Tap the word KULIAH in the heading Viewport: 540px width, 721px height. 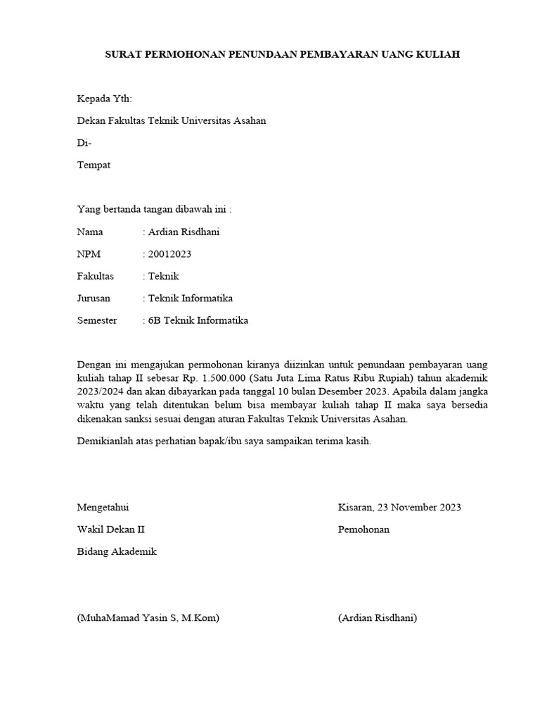point(439,54)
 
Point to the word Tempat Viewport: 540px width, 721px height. point(94,165)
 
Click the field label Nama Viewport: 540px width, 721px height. point(89,232)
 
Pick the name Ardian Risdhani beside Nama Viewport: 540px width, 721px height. point(184,232)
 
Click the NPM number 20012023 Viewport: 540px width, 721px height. point(169,254)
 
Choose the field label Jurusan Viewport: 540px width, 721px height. point(94,298)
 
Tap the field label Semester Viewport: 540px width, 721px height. point(97,320)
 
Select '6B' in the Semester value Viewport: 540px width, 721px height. point(155,320)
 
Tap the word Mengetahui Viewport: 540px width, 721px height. point(103,507)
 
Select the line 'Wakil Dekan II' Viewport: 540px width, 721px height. point(111,529)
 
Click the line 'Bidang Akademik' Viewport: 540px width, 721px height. point(117,551)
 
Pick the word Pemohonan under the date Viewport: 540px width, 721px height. point(364,529)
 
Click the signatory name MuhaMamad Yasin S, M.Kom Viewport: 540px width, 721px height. point(148,618)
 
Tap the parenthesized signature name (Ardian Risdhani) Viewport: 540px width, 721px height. point(378,618)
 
